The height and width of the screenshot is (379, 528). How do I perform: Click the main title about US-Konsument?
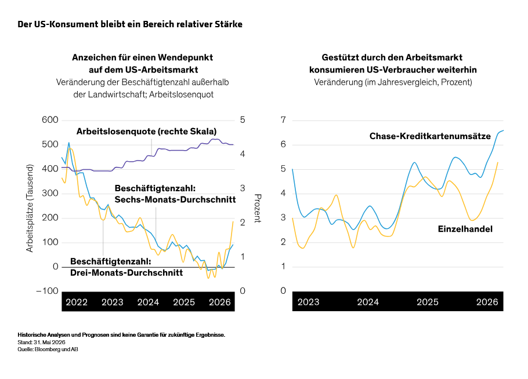click(x=130, y=24)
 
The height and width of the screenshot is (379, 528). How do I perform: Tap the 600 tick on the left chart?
click(x=50, y=120)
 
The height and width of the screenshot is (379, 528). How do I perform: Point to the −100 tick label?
click(x=47, y=291)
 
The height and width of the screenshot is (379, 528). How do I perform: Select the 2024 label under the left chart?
click(x=148, y=302)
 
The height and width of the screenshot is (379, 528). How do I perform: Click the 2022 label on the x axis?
click(x=77, y=302)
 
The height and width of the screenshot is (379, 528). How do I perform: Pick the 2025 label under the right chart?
click(x=428, y=302)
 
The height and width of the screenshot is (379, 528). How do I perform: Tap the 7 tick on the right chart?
click(x=283, y=120)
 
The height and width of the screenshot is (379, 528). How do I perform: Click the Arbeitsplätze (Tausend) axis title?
click(x=30, y=208)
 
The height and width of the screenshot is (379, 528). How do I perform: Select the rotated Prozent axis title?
click(x=258, y=208)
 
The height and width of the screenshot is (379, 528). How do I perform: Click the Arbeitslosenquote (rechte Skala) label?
click(x=146, y=132)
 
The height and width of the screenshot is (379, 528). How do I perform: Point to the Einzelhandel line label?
click(x=465, y=229)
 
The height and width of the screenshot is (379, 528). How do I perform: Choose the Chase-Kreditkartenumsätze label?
click(x=430, y=136)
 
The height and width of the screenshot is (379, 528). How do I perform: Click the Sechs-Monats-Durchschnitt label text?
click(x=175, y=199)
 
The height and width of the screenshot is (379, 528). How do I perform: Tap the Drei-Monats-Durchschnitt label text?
click(x=126, y=273)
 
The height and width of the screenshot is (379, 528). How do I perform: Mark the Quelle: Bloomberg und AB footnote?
click(x=48, y=349)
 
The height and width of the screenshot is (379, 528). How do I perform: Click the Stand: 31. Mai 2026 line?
click(x=41, y=342)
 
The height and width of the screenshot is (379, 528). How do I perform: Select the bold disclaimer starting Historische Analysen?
click(x=121, y=335)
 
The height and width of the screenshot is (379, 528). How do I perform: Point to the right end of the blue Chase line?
click(x=504, y=130)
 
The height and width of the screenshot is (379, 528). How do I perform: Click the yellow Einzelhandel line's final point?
click(x=498, y=162)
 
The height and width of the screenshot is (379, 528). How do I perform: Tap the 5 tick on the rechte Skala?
click(x=243, y=120)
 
